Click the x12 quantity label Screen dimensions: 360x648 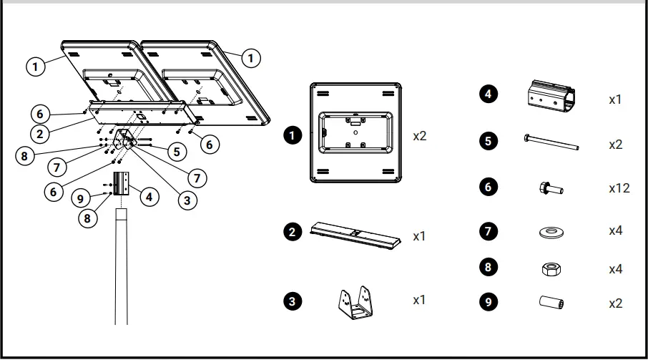coord(619,188)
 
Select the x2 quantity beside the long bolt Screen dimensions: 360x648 coord(615,144)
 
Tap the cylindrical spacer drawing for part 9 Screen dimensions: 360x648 coord(550,303)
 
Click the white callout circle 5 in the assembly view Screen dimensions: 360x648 coord(176,152)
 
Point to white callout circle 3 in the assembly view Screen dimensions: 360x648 coord(187,201)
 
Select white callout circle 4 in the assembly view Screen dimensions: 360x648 coord(148,195)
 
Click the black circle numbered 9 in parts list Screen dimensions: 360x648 coord(488,302)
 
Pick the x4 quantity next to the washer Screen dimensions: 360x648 coord(615,232)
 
